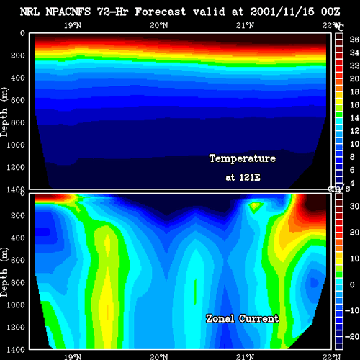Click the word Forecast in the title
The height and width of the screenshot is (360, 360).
point(161,12)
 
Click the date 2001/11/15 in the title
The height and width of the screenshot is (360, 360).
point(282,12)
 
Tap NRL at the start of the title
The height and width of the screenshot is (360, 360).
point(30,12)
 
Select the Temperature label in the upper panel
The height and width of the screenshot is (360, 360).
point(243,158)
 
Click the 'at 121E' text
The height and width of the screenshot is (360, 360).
point(243,177)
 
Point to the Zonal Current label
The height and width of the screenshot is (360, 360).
point(242,319)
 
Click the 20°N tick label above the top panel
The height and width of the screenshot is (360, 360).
point(159,25)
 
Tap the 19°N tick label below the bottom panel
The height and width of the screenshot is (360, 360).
point(73,356)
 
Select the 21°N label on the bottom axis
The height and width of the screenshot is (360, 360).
point(245,356)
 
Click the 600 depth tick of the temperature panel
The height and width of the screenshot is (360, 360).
point(18,100)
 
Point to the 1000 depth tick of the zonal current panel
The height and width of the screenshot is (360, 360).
point(16,305)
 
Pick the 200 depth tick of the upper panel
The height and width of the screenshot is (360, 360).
point(18,55)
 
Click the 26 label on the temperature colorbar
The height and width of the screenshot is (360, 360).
point(354,40)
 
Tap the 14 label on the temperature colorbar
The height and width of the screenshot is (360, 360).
point(354,118)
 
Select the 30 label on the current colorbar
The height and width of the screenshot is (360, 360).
point(354,206)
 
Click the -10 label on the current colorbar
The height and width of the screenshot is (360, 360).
point(352,310)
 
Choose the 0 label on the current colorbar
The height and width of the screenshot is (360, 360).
point(352,284)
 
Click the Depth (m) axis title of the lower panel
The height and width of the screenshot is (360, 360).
point(4,272)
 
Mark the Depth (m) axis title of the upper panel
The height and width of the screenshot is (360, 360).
point(4,112)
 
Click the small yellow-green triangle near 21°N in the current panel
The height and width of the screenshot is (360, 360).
point(255,207)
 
